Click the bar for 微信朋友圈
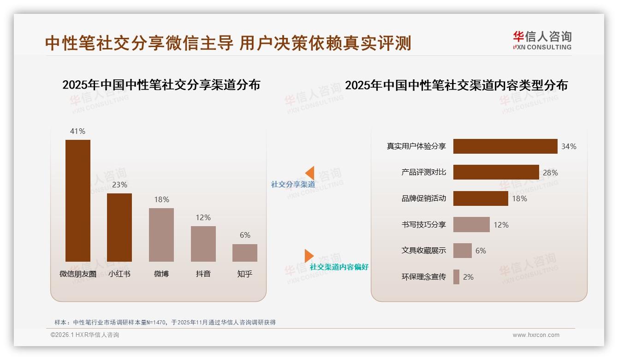click(x=78, y=201)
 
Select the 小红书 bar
click(x=119, y=228)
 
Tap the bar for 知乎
click(x=245, y=253)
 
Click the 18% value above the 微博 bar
click(x=161, y=199)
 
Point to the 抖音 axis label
click(x=203, y=274)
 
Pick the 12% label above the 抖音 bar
click(x=203, y=217)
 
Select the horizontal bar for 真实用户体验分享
click(x=505, y=146)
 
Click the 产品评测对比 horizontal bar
click(x=496, y=172)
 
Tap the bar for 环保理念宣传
click(x=456, y=277)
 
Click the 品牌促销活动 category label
click(x=423, y=198)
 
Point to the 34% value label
click(x=569, y=146)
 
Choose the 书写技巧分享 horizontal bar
click(x=471, y=225)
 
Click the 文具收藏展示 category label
click(x=423, y=251)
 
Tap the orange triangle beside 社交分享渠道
click(x=310, y=173)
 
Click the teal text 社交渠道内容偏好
click(x=339, y=267)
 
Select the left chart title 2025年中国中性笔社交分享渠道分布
click(x=161, y=85)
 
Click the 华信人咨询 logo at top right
click(x=542, y=41)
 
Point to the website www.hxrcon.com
click(x=536, y=335)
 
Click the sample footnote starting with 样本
click(x=165, y=322)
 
